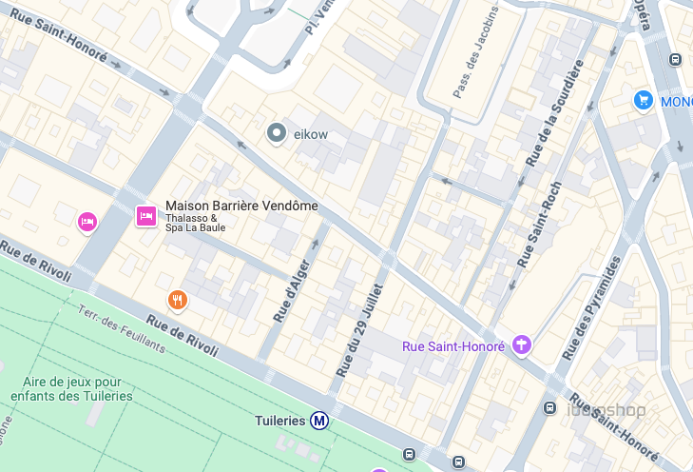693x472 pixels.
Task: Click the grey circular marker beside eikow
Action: pyautogui.click(x=277, y=133)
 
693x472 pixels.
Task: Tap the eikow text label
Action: pyautogui.click(x=311, y=134)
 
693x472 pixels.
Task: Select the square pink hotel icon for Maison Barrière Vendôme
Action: pyautogui.click(x=146, y=216)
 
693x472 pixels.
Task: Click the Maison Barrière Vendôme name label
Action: pyautogui.click(x=241, y=206)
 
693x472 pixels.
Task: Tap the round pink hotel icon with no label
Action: pyautogui.click(x=87, y=222)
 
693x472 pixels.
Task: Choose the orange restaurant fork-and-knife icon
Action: pyautogui.click(x=177, y=301)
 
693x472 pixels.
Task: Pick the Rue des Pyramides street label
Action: pyautogui.click(x=590, y=307)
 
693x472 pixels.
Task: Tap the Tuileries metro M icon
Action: pyautogui.click(x=320, y=420)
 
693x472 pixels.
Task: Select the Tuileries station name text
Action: pyautogui.click(x=280, y=420)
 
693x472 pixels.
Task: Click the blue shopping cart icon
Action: pyautogui.click(x=644, y=100)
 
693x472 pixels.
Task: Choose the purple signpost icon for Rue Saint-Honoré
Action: pyautogui.click(x=521, y=345)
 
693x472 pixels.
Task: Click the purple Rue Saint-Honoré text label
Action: pyautogui.click(x=452, y=346)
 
